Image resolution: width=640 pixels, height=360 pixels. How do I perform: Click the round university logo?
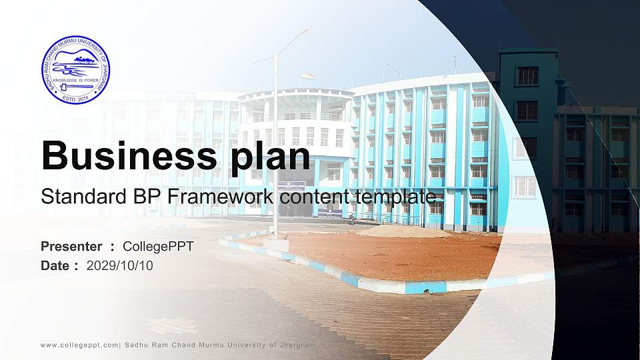[x=75, y=70]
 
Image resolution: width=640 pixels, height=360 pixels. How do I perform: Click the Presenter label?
[x=71, y=247]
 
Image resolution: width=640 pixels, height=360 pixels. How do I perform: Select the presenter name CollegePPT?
[x=158, y=247]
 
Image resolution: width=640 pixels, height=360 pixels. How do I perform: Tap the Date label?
[x=55, y=265]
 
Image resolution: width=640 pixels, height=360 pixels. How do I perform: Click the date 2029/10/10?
[x=119, y=265]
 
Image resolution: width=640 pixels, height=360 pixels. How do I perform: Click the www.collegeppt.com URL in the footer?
[x=79, y=345]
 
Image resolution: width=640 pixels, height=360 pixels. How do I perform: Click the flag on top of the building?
[x=307, y=76]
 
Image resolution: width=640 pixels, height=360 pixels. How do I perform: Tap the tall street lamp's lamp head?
[x=303, y=31]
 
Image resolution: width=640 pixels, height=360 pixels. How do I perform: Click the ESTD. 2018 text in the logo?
[x=75, y=98]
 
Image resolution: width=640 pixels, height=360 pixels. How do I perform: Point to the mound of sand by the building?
[x=401, y=231]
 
